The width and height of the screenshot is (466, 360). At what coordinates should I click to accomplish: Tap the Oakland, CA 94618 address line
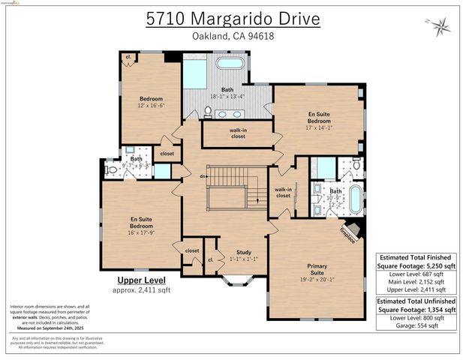232,37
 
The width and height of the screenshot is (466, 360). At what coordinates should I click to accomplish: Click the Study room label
244,252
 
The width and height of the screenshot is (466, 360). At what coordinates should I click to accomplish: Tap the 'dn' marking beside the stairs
203,176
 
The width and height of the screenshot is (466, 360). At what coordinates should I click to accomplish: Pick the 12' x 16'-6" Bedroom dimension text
151,106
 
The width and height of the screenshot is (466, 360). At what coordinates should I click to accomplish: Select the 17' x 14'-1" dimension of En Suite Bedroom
319,127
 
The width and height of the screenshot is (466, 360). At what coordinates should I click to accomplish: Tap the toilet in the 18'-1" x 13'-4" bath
208,112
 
